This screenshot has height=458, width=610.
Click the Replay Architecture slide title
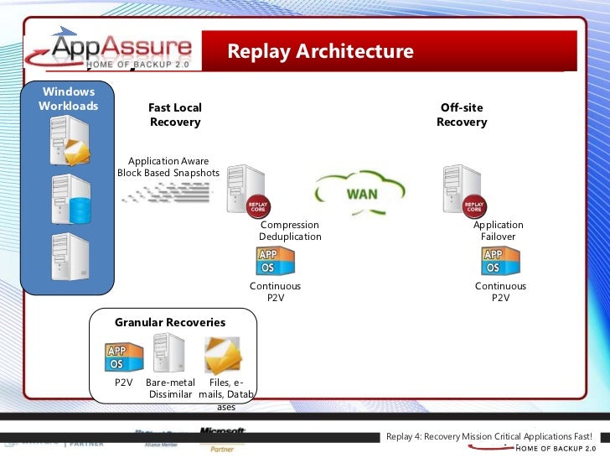[x=320, y=52]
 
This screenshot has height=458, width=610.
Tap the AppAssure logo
[x=121, y=50]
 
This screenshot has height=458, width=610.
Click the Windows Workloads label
[x=69, y=99]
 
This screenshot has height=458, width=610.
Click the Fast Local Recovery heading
[x=175, y=115]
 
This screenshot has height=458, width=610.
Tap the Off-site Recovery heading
[x=462, y=115]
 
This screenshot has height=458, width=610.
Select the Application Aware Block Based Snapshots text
[x=168, y=167]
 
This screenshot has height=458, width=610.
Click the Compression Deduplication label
[x=290, y=231]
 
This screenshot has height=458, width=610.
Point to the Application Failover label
[x=498, y=231]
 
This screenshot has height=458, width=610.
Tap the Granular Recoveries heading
[x=170, y=322]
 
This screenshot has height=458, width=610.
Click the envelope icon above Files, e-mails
[x=223, y=355]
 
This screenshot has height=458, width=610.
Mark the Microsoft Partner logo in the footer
[x=222, y=438]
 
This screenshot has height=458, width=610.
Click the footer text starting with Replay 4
[x=489, y=437]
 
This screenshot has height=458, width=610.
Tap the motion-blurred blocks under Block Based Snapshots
[x=167, y=195]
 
